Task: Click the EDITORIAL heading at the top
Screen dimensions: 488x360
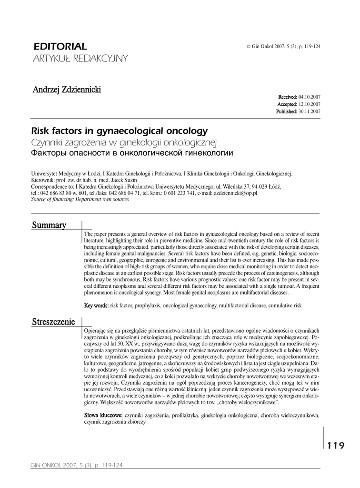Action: tap(60, 46)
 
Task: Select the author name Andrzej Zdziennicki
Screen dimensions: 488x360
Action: tap(67, 90)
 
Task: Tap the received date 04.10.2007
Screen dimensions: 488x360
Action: tap(309, 97)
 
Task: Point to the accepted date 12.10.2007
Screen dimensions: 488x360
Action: tap(309, 104)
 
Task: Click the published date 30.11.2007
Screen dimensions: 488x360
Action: tap(309, 111)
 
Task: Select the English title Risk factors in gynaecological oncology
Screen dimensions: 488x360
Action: tap(119, 131)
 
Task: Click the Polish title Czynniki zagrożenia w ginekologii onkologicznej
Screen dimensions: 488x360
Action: tap(124, 142)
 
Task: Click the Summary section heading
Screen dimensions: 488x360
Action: tap(49, 225)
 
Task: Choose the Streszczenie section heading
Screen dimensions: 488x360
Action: tap(53, 321)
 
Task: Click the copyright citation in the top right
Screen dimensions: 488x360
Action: tap(283, 46)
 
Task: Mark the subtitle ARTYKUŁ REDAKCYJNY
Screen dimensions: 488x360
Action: tap(80, 58)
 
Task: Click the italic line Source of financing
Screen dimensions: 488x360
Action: tap(80, 200)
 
